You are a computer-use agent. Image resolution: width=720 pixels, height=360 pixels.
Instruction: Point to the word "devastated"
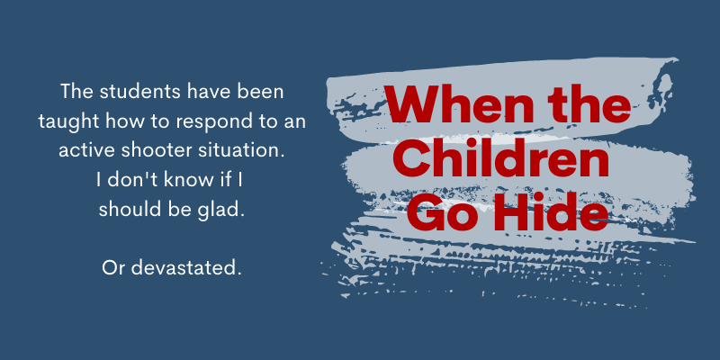186,268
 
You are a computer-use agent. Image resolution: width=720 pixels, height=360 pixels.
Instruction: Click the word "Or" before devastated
113,268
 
